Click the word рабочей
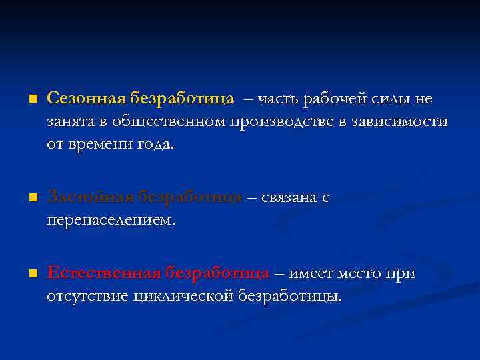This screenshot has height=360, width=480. coord(328,99)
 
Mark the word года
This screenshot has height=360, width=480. coord(154,144)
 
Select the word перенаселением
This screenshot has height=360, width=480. coord(110,220)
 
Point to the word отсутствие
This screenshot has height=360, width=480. coord(87,296)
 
